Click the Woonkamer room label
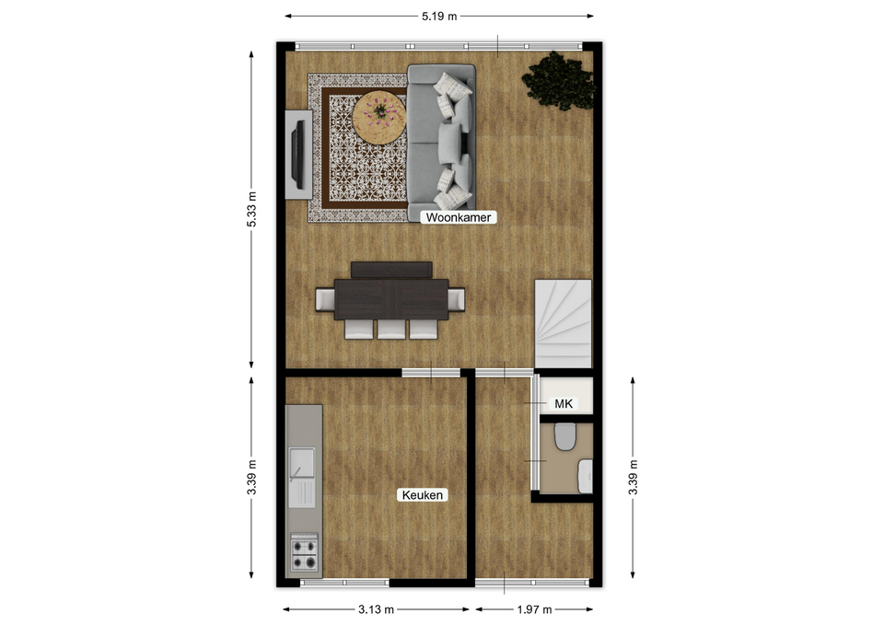[459, 217]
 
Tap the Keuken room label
[423, 495]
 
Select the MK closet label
[564, 403]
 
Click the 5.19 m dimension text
[439, 16]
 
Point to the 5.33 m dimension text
[251, 209]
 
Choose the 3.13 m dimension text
[376, 609]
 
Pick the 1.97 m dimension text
[534, 609]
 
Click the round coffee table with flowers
[379, 117]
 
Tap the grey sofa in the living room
[441, 137]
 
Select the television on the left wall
[298, 155]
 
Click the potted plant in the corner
[558, 81]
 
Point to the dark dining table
[391, 299]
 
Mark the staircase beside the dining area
[564, 323]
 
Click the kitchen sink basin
[302, 463]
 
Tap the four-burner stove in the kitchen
[304, 553]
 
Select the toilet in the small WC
[564, 437]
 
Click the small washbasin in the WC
[586, 476]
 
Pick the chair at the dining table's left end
[325, 299]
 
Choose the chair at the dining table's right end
[457, 299]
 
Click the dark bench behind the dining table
[391, 270]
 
